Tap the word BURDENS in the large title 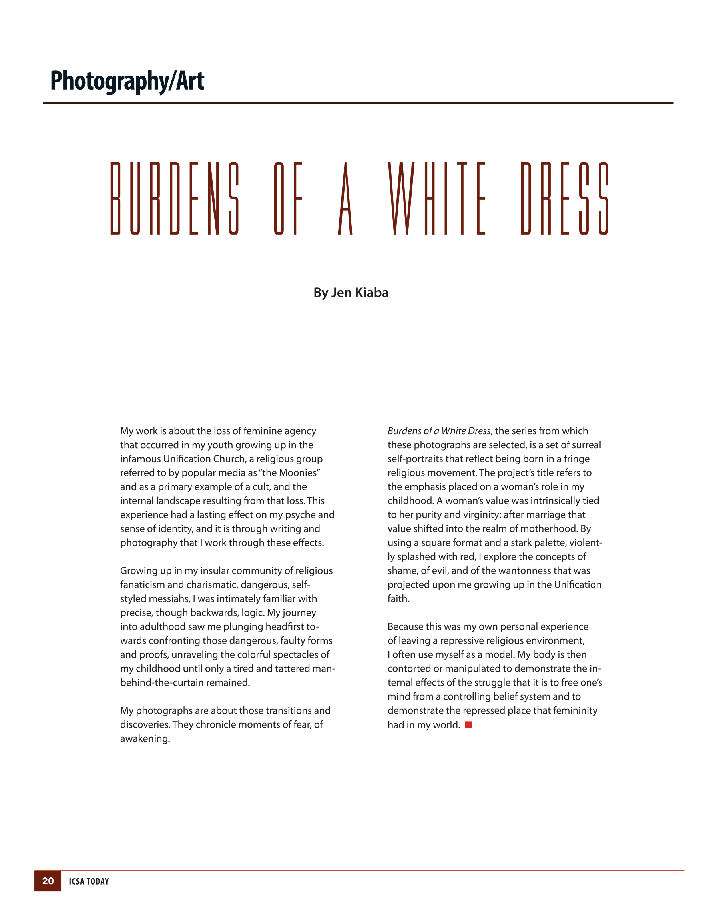pos(175,198)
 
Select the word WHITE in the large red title pos(437,198)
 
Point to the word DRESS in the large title pos(565,198)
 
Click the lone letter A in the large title pos(345,198)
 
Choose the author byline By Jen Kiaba pos(351,293)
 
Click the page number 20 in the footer pos(48,881)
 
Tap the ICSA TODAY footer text pos(89,881)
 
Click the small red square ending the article pos(468,725)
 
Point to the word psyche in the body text pos(299,515)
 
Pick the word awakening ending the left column pos(145,739)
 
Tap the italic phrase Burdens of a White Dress pos(439,431)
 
